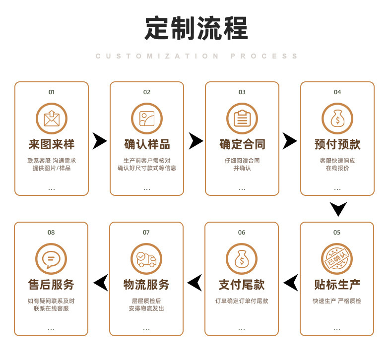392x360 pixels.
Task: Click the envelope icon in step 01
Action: pyautogui.click(x=52, y=119)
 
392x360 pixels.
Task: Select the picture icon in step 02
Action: pyautogui.click(x=147, y=119)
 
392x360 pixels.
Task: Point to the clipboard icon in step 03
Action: pyautogui.click(x=242, y=119)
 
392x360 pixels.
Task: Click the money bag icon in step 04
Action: pyautogui.click(x=337, y=119)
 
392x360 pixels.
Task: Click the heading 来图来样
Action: pyautogui.click(x=52, y=144)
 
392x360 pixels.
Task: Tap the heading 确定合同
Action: pyautogui.click(x=242, y=144)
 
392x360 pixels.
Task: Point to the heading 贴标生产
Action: pyautogui.click(x=337, y=285)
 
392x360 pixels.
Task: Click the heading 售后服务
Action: pyautogui.click(x=51, y=285)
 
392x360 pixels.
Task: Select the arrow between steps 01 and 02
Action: pyautogui.click(x=100, y=141)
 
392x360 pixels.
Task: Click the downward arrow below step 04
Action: pyautogui.click(x=338, y=209)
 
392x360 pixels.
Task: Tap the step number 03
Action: pyautogui.click(x=242, y=92)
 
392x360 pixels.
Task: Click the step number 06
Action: pyautogui.click(x=242, y=233)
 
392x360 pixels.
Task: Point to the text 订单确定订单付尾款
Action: pyautogui.click(x=242, y=301)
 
